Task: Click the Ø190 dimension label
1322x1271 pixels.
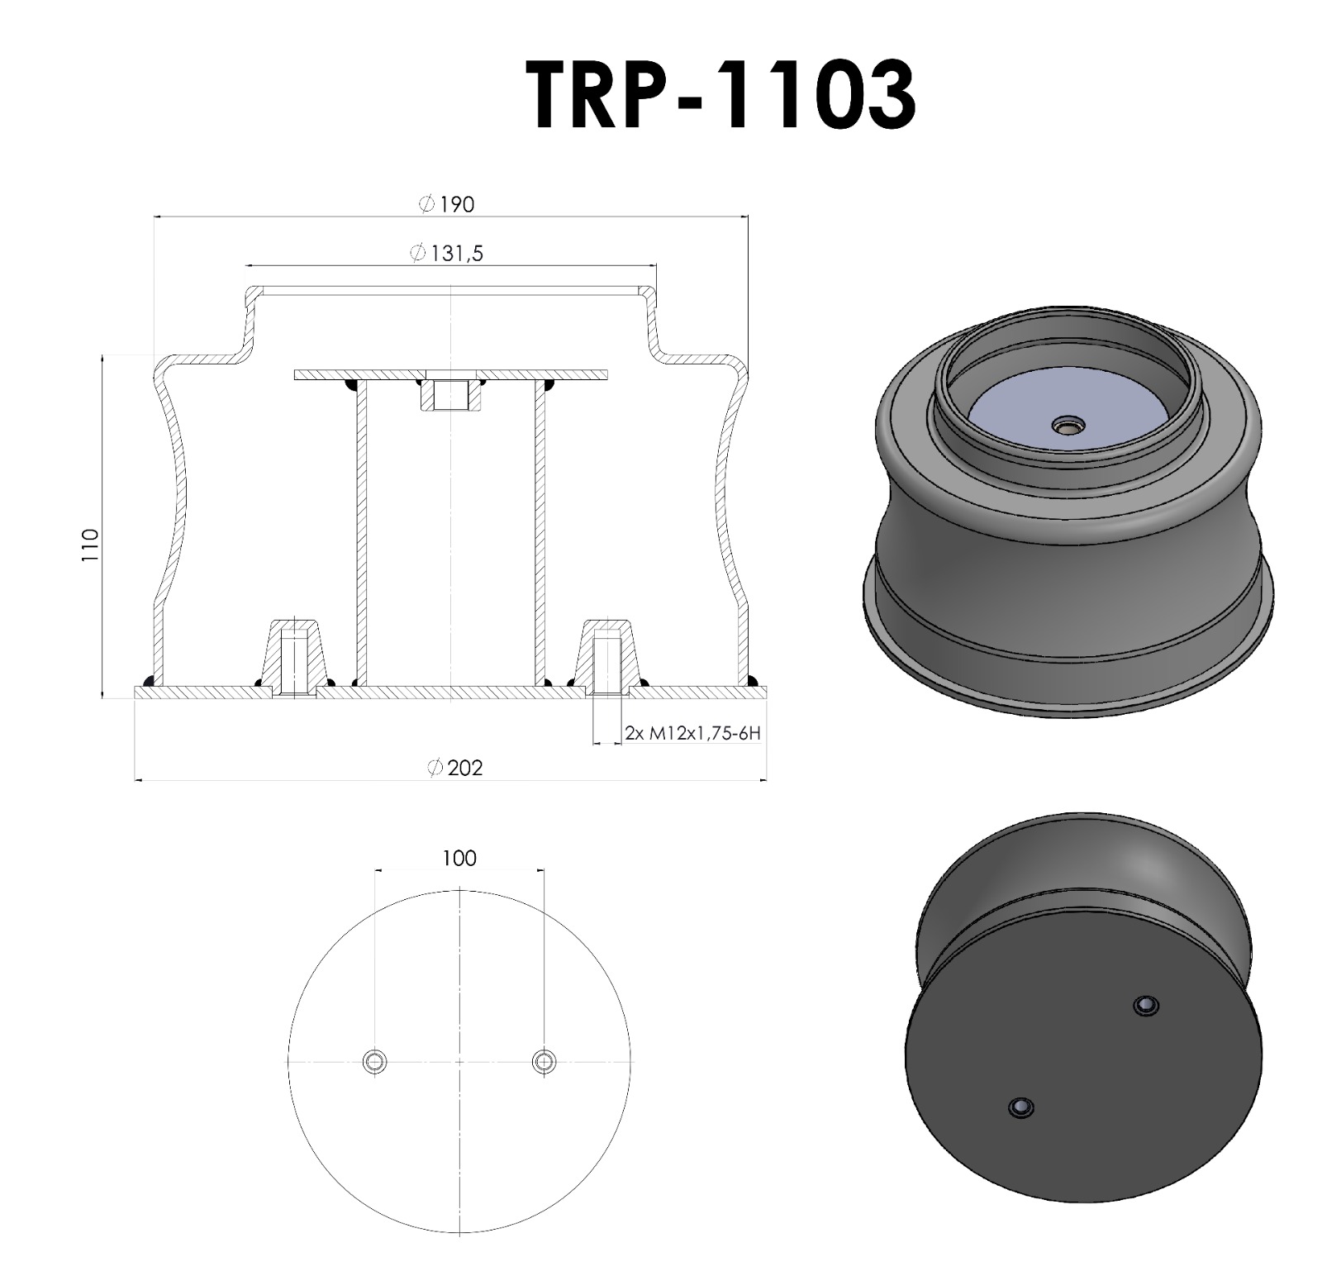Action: pos(447,204)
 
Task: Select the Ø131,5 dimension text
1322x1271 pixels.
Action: pos(446,253)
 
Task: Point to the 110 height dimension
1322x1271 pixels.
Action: pos(90,545)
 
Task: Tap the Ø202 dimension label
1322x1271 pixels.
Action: pos(455,768)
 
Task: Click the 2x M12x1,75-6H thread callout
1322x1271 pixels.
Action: pos(692,732)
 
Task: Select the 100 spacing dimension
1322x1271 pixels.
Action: pos(459,858)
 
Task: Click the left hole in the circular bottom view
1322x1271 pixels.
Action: pos(374,1061)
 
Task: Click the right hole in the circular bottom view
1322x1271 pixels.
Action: pos(544,1061)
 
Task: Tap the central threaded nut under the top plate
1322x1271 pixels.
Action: pos(450,395)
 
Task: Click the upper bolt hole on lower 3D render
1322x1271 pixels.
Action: pos(1145,1006)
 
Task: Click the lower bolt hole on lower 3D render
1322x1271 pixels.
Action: pos(1021,1107)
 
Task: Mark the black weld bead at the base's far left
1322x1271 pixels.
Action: pos(150,682)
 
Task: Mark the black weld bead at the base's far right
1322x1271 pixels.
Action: pos(752,682)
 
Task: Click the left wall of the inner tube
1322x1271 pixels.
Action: pos(361,537)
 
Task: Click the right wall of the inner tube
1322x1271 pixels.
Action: pos(540,537)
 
